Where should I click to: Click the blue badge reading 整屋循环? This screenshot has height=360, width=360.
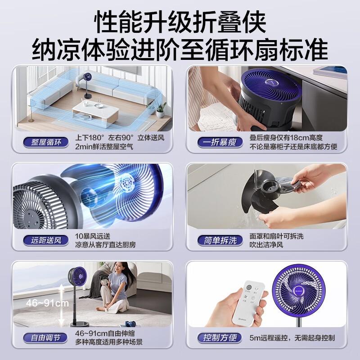46,142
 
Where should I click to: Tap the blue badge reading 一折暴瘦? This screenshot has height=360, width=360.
220,142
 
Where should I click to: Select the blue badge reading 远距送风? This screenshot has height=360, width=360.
46,240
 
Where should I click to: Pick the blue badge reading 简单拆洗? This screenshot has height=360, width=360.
220,240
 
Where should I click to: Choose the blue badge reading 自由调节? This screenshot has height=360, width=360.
45,338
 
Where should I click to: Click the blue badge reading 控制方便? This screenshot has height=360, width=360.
220,338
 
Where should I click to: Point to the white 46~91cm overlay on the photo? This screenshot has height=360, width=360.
47,303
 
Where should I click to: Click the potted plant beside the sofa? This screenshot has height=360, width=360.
160,110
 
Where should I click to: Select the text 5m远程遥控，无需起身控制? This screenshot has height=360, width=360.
292,338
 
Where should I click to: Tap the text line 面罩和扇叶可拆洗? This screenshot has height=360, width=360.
276,236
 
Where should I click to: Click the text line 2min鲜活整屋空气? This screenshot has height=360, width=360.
104,147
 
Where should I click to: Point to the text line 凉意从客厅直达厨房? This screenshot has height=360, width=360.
105,245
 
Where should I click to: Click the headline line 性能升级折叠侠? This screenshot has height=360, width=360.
180,22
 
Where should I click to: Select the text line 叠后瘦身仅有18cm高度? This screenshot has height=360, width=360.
286,138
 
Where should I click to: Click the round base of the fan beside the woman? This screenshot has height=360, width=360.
80,324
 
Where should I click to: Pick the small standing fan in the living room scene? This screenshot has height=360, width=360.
87,85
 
